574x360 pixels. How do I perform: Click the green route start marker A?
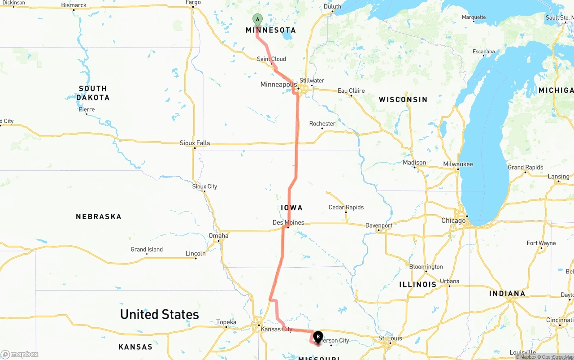coord(257,19)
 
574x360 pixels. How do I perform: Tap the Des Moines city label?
coord(288,222)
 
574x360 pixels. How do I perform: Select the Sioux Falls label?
coord(195,143)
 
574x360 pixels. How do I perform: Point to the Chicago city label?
coord(453,221)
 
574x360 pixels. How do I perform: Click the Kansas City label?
coord(276,329)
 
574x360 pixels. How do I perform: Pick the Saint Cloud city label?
coord(271,59)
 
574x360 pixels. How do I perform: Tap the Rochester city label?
coord(322,124)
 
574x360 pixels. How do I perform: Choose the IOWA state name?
coord(291,208)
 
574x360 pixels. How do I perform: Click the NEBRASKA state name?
coord(99,217)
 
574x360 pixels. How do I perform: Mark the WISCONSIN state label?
coord(403,100)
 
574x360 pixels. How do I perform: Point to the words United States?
coord(159,314)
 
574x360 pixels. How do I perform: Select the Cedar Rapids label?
coord(346,208)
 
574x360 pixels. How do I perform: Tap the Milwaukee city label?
coord(458,164)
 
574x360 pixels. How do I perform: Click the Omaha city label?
coord(218,236)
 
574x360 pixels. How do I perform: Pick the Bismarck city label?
coord(74,5)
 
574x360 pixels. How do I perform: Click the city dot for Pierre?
coord(87,114)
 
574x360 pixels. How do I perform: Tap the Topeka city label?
coord(226,322)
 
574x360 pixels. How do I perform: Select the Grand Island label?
coord(147,249)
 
